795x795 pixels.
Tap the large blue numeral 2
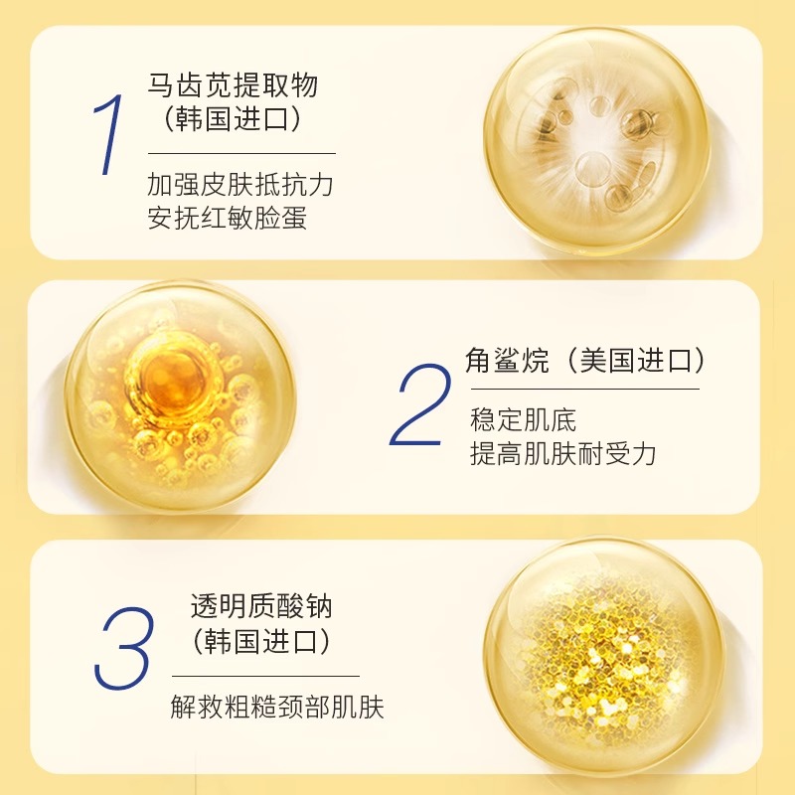pos(420,404)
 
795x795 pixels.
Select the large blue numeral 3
pos(123,649)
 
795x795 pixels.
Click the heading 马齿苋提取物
pos(233,85)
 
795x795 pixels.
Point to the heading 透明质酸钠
pos(261,606)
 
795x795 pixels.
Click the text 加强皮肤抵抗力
pos(240,184)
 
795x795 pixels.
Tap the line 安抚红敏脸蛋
pos(228,218)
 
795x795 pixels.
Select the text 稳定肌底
pos(524,419)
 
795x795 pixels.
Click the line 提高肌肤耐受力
pos(563,453)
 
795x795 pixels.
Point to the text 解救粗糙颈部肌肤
pos(277,707)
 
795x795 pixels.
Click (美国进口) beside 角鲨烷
pos(635,361)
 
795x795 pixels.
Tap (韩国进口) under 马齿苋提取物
pos(233,119)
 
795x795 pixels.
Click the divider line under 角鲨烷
pos(585,390)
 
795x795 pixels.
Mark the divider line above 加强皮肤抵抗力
pos(241,153)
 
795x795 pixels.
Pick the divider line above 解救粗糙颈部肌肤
pos(265,676)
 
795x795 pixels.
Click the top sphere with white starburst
pos(597,139)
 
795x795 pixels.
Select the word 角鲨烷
pos(507,361)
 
